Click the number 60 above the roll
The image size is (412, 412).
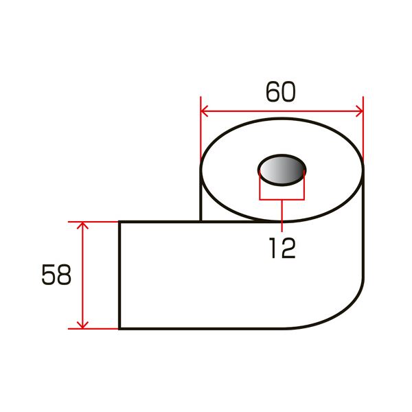coord(281,92)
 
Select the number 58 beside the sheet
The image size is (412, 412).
coord(56,275)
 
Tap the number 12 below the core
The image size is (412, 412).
coord(282,248)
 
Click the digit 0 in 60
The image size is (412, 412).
coord(290,92)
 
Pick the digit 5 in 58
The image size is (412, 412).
coord(48,275)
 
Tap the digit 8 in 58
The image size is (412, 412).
coord(64,275)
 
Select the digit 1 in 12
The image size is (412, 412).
coord(274,248)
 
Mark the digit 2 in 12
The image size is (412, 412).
coord(288,248)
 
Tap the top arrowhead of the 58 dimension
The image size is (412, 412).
coord(82,226)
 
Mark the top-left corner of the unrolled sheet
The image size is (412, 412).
coord(120,222)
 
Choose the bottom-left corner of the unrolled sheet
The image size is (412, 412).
coord(120,328)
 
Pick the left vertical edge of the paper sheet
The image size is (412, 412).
coord(120,275)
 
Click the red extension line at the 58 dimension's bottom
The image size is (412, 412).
coord(96,329)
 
